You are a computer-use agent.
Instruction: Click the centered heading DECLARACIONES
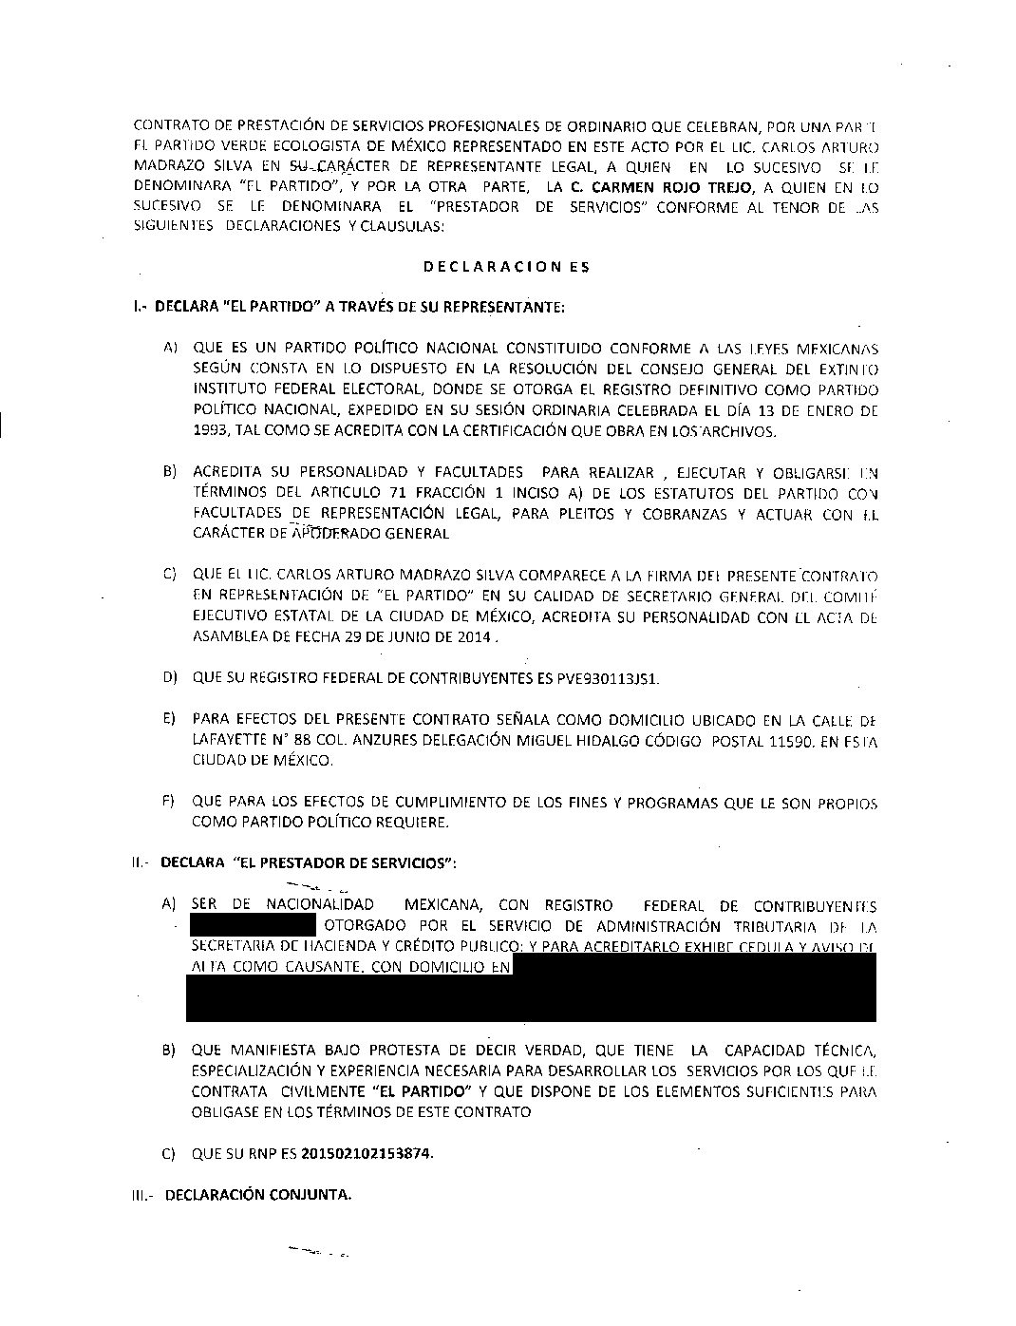click(x=506, y=267)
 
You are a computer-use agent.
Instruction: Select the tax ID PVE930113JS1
click(x=613, y=679)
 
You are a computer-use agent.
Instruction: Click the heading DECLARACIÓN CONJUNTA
click(x=258, y=1195)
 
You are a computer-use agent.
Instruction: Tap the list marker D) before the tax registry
click(x=170, y=679)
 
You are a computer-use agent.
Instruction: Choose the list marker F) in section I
click(x=170, y=802)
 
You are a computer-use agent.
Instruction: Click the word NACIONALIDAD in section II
click(x=319, y=905)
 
